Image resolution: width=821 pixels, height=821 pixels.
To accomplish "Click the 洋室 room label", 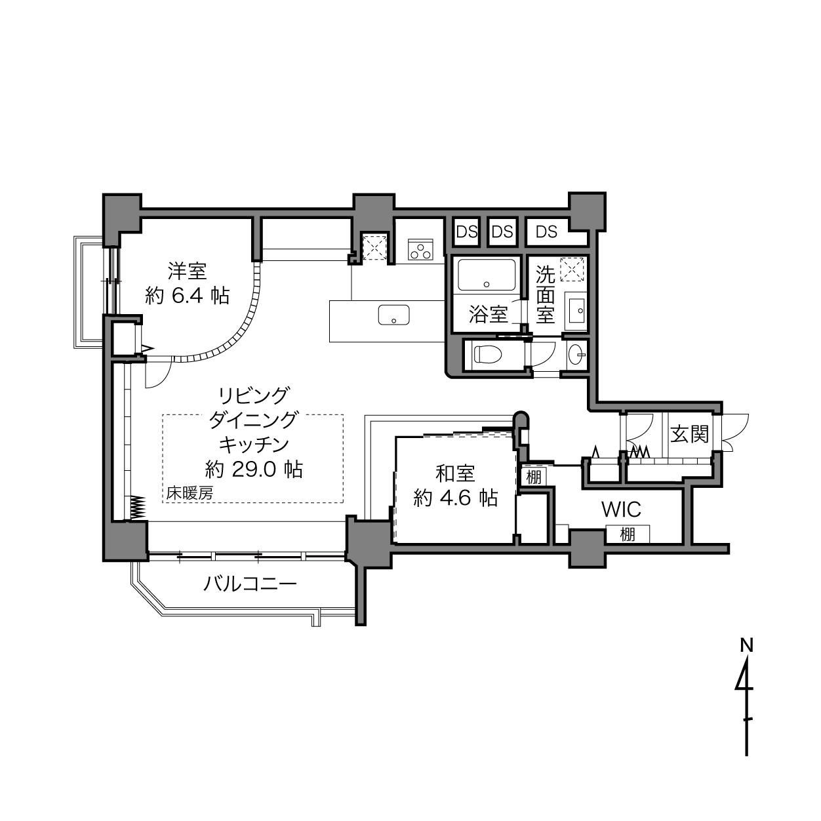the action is pos(187,271).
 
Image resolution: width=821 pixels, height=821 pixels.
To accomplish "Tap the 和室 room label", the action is pos(455,473).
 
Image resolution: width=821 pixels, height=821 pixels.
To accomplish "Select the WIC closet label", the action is pos(621,509).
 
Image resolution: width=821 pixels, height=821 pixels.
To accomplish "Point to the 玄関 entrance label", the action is pos(689,434).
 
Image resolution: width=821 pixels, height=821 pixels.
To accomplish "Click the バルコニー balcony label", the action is pos(250,583).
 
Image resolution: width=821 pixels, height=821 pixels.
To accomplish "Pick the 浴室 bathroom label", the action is pos(489,314).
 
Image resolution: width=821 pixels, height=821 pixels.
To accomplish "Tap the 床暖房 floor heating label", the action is pos(190,493).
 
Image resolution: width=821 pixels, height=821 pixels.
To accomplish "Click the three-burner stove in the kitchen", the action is pos(420,249).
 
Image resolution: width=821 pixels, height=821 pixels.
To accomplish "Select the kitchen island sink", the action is pos(393,315).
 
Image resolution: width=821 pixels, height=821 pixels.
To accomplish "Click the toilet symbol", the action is pos(489,354).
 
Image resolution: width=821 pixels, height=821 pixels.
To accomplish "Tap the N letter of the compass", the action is pos(746,645).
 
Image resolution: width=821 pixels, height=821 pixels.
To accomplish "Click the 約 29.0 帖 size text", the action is pos(254,470).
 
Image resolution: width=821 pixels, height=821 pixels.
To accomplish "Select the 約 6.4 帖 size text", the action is pos(188,296).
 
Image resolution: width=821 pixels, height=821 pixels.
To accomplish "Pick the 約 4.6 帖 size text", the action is pos(456,497).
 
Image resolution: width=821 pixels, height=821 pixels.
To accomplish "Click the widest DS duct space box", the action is pos(547,232).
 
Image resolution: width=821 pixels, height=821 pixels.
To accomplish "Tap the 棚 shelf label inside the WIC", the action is pos(628,534).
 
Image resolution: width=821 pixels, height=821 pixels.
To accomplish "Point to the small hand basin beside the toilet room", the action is pos(577,354).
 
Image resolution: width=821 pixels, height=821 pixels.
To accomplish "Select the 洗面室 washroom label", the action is pos(546,294).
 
